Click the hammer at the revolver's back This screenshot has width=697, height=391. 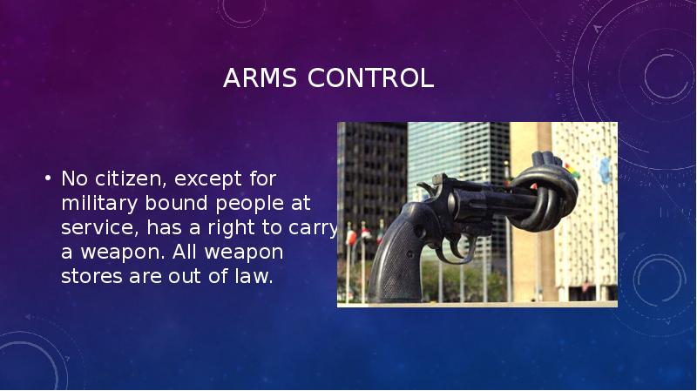pos(426,186)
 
